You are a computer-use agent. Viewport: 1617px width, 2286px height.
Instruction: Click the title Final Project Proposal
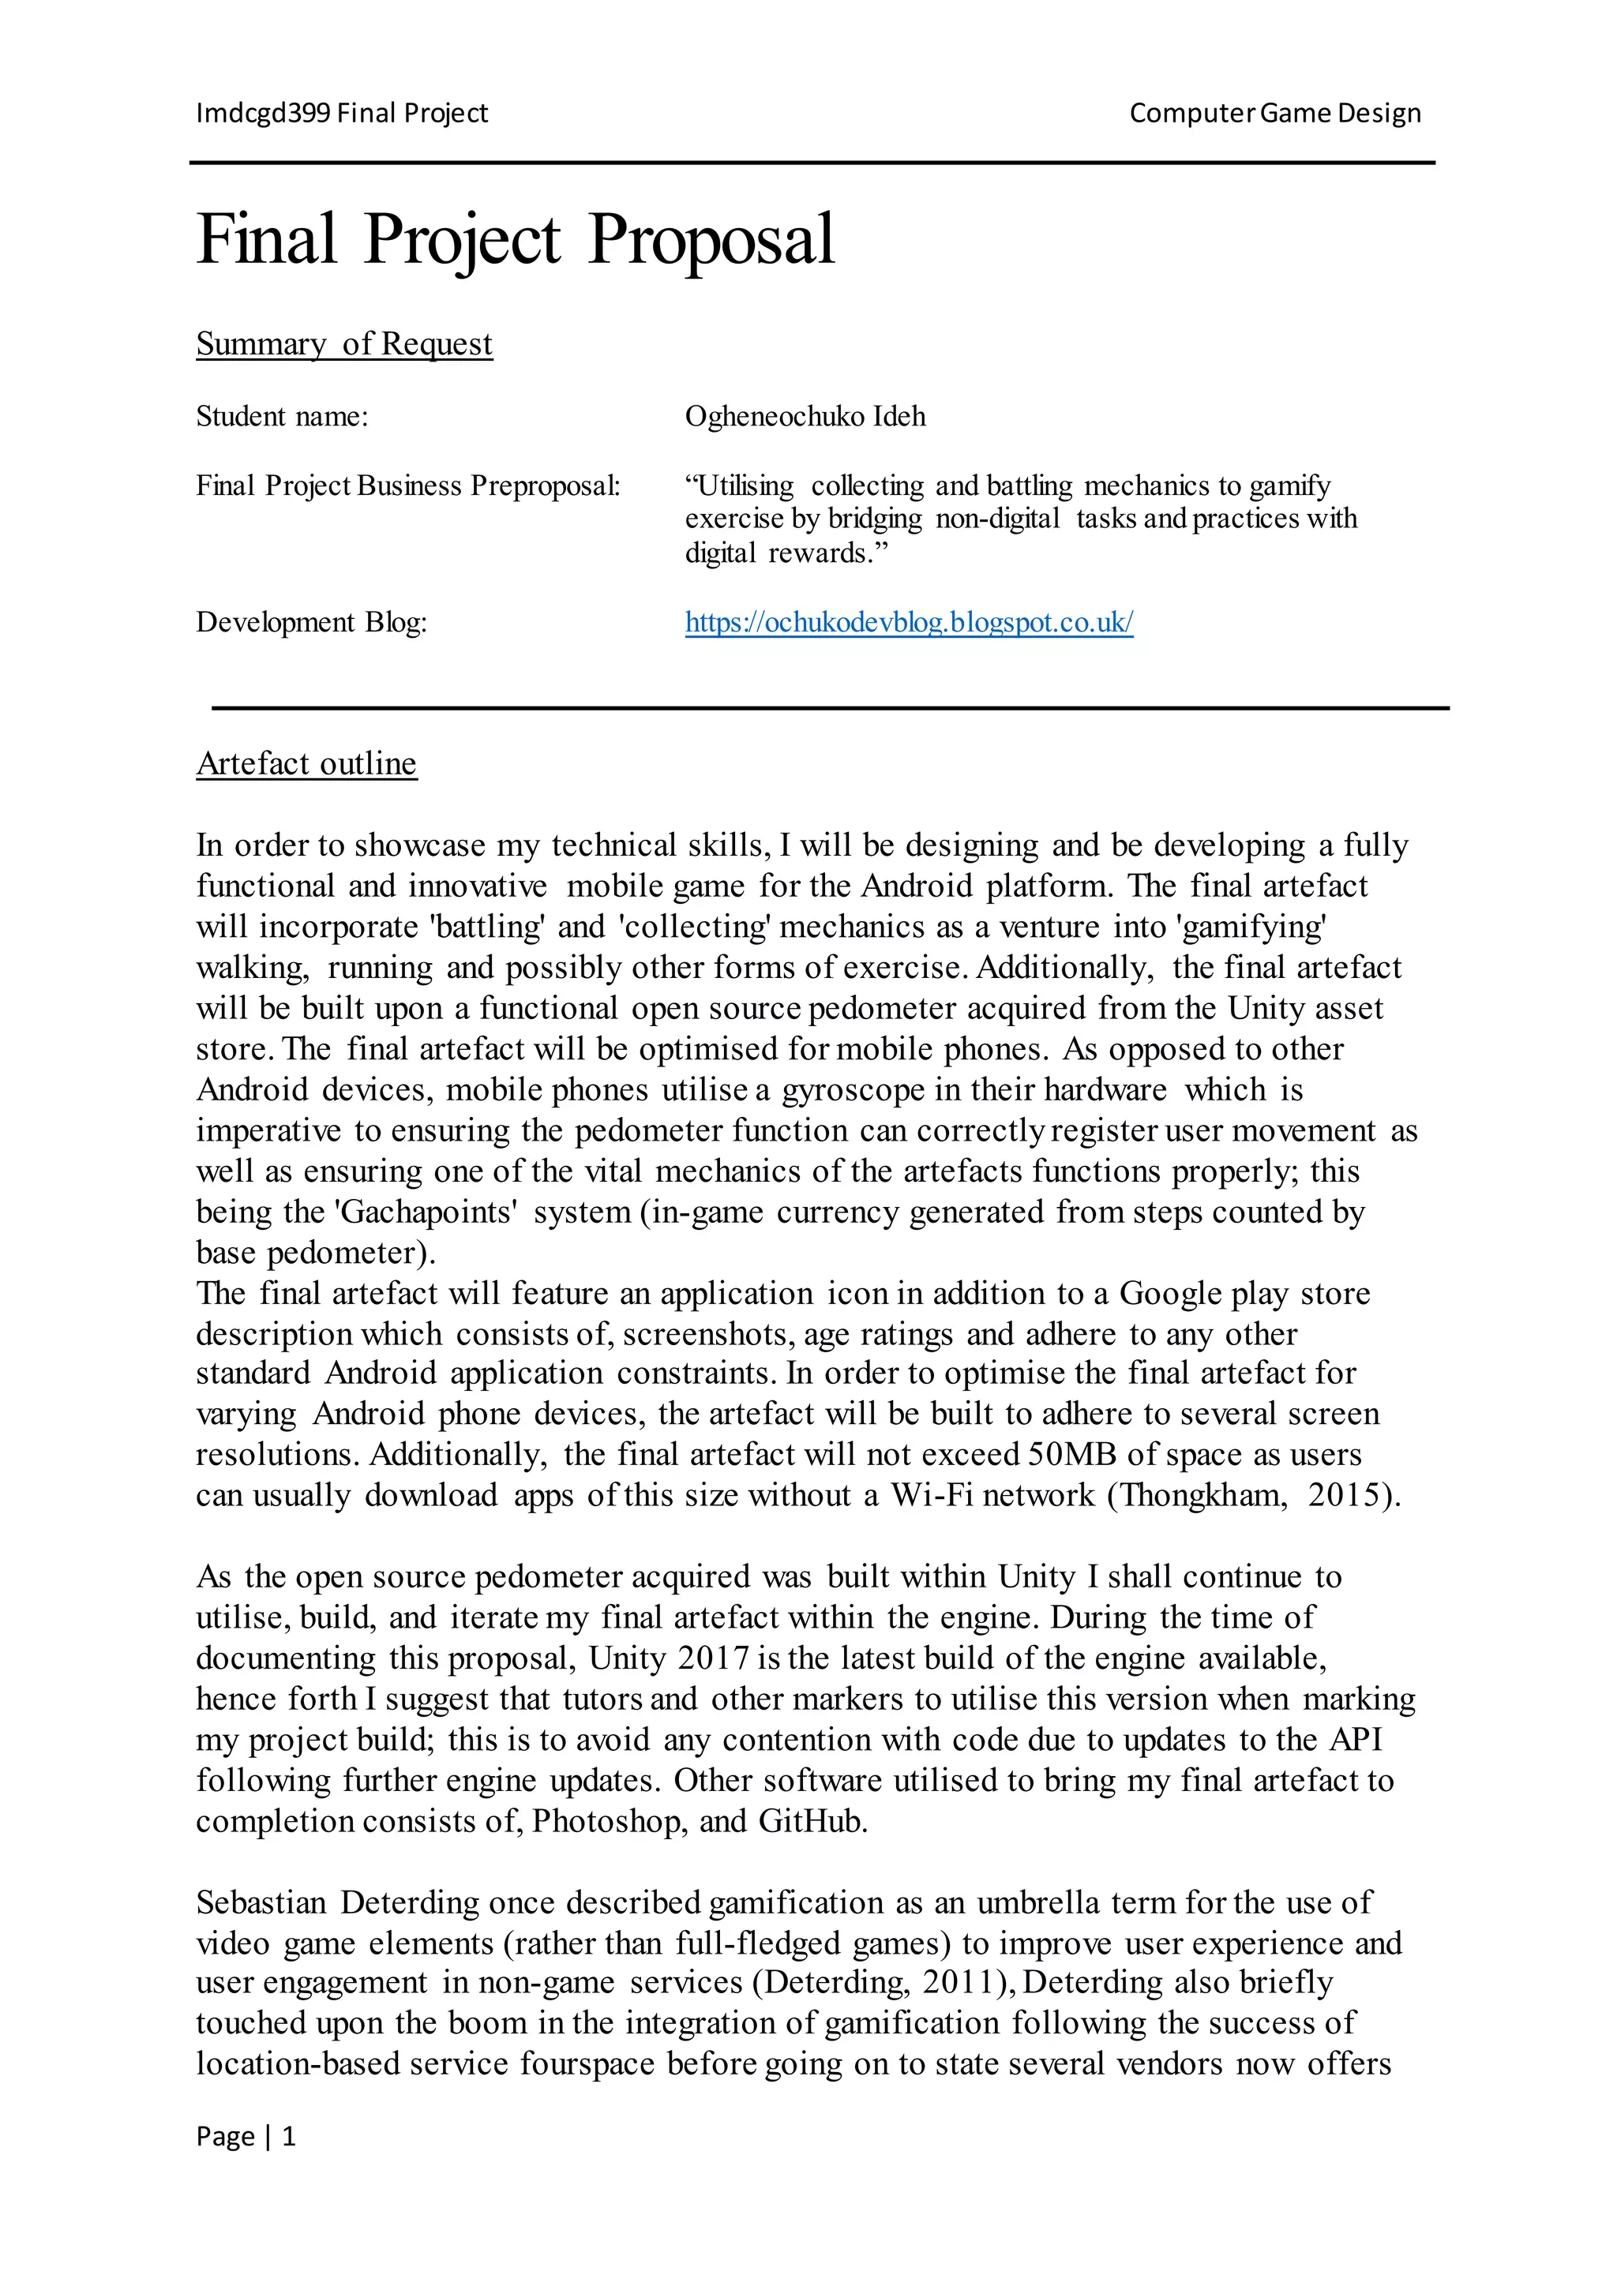tap(515, 240)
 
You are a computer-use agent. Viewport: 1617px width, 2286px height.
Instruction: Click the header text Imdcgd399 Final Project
tap(342, 114)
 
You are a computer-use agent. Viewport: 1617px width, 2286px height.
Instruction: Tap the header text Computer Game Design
tap(1274, 114)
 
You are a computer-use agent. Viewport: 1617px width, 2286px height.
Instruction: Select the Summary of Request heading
tap(343, 343)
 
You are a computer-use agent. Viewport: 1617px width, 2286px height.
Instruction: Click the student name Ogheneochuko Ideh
tap(805, 416)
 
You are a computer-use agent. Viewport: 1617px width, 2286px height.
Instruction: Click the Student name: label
tap(282, 416)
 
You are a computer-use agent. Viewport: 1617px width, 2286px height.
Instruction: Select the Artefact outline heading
tap(306, 763)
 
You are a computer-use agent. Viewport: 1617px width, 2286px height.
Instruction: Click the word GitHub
tap(812, 1821)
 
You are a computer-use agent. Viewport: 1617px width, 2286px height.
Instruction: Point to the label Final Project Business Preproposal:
tap(407, 486)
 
